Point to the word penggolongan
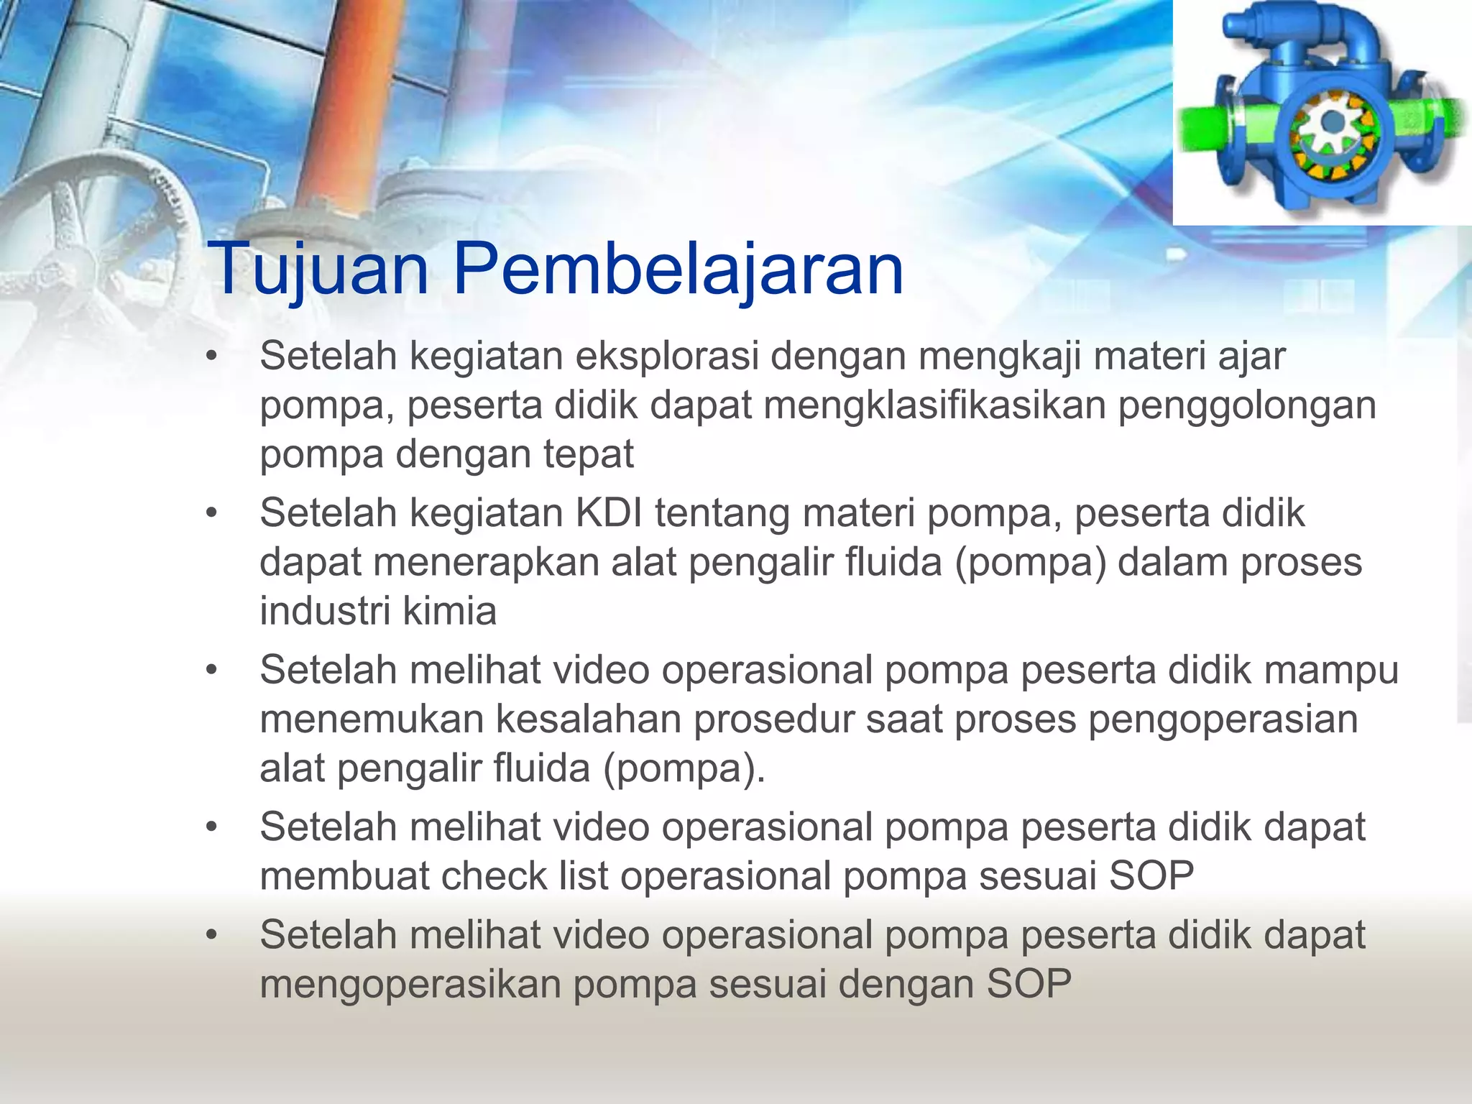point(1246,407)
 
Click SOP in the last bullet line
point(1029,985)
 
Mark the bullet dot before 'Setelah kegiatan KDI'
point(211,513)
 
